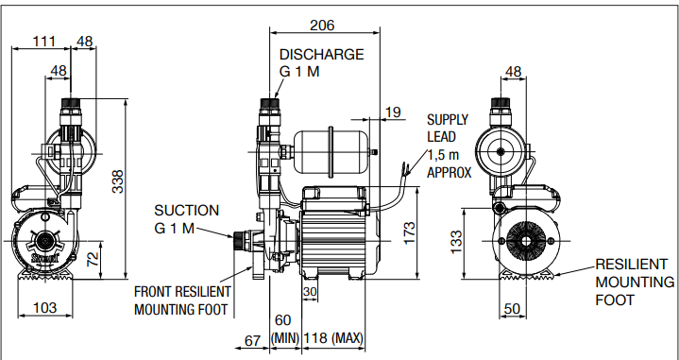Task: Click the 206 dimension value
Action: point(322,26)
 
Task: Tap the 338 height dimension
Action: point(118,181)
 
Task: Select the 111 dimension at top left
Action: point(44,42)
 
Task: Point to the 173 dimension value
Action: point(409,233)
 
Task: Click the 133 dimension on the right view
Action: point(456,242)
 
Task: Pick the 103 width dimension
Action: point(45,308)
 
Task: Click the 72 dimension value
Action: point(93,259)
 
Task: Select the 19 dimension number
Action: point(393,112)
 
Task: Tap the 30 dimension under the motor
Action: point(310,292)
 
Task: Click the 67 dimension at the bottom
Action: point(252,341)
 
